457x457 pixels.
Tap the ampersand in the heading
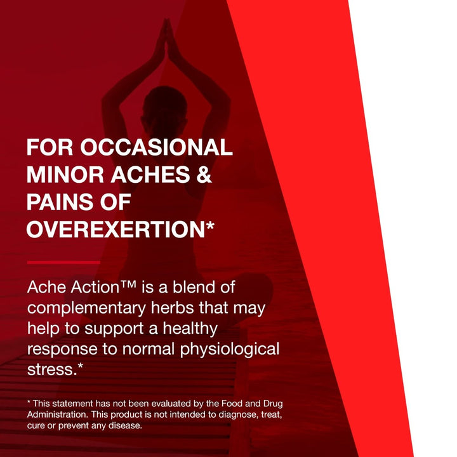pos(201,175)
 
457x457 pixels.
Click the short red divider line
pos(63,262)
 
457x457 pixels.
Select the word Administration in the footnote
pos(57,414)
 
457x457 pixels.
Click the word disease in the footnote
pos(125,425)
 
